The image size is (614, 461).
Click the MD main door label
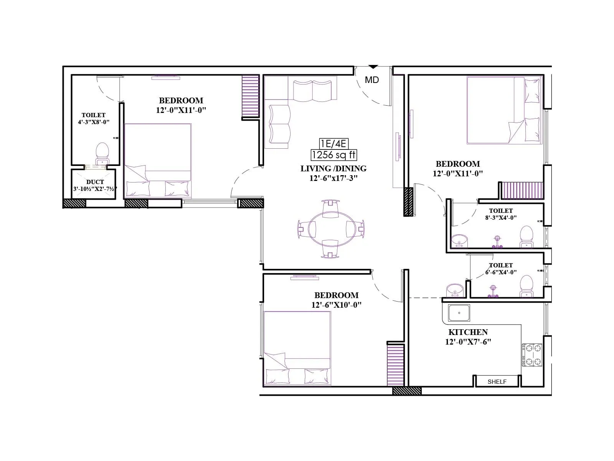371,80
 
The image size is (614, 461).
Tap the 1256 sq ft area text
333,155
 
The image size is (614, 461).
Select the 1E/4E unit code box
333,144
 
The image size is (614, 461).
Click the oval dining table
331,229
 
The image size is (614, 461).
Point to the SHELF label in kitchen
497,381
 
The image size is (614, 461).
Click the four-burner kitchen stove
531,355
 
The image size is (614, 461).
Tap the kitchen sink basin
459,313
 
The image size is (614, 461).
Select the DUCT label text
95,182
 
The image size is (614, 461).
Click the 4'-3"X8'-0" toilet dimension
93,122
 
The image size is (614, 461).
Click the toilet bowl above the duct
102,150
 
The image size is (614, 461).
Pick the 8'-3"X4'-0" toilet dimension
500,217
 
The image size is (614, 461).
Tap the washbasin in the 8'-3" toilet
459,240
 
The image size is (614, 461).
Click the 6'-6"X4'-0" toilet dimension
500,272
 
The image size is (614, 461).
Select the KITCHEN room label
468,332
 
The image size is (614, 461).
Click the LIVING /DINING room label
333,168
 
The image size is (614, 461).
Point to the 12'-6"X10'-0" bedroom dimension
336,305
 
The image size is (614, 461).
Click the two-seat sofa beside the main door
312,91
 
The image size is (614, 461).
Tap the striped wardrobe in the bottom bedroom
395,365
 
